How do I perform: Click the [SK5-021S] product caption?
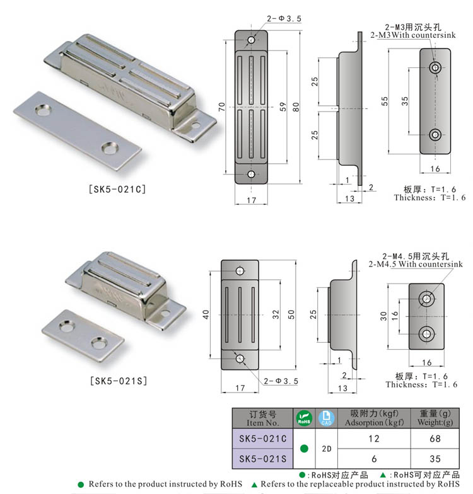[118, 381]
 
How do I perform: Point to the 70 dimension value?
[221, 107]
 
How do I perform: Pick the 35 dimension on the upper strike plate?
[404, 100]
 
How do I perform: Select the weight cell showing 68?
[435, 438]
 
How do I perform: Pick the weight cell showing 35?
[435, 459]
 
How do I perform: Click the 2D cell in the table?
[326, 449]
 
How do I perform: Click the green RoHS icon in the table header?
[304, 418]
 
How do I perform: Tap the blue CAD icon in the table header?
[326, 418]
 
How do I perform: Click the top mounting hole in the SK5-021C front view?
[251, 40]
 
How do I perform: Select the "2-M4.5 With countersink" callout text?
[415, 264]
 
